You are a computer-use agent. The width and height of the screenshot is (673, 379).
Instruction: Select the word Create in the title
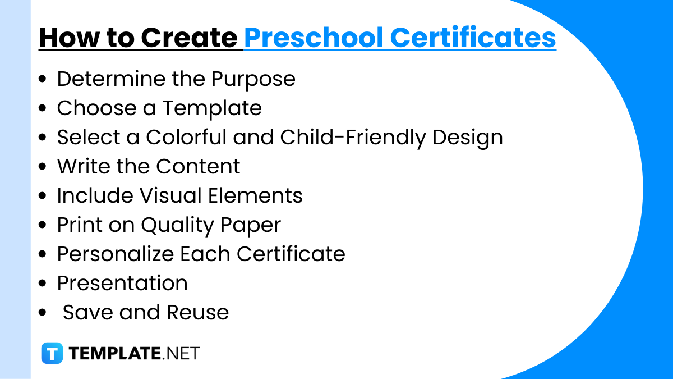pos(188,38)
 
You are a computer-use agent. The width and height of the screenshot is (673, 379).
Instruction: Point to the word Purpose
pos(253,79)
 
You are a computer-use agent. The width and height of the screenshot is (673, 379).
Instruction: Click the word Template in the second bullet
pos(212,108)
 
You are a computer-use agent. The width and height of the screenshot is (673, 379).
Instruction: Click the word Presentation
pos(122,283)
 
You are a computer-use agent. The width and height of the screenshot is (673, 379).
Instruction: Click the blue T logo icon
pos(52,354)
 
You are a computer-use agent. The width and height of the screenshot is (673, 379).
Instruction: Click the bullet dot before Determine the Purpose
pos(43,80)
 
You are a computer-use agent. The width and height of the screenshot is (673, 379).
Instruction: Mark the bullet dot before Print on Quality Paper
pos(43,226)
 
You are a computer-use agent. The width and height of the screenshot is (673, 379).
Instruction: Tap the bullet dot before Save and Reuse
pos(43,313)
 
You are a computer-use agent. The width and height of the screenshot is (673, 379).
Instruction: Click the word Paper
pos(251,225)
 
